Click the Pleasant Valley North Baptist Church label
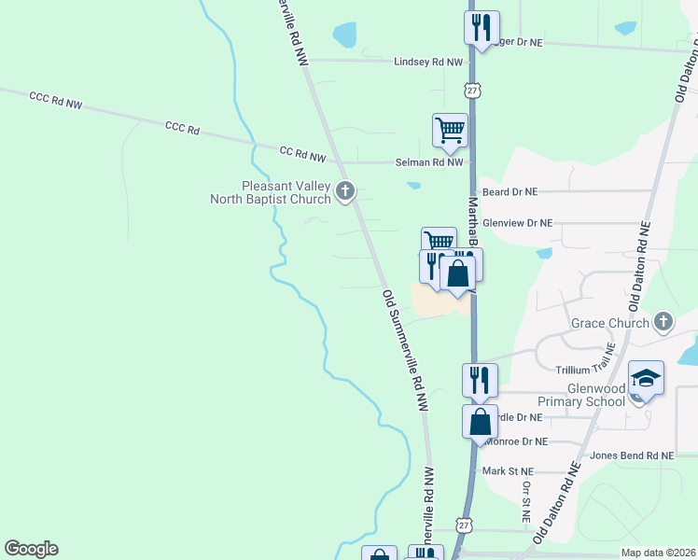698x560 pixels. [286, 191]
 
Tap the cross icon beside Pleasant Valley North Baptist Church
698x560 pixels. [344, 192]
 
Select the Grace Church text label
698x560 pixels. [610, 324]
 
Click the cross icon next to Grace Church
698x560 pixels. [663, 323]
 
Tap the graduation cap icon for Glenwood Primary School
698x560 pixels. [646, 379]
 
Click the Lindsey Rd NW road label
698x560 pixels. [428, 62]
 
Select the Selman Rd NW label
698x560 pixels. [427, 162]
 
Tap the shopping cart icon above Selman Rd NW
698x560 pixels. [450, 129]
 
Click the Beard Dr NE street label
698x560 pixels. [510, 191]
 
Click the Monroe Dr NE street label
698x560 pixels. [515, 441]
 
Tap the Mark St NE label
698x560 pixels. [508, 471]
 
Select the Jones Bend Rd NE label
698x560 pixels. [632, 455]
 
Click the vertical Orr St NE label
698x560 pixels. [526, 501]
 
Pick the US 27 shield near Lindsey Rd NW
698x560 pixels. [473, 90]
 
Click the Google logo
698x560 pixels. [31, 549]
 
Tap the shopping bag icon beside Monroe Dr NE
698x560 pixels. [480, 420]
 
